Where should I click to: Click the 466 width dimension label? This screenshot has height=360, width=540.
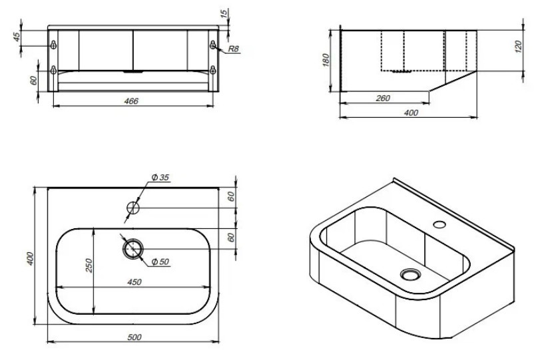coord(131,101)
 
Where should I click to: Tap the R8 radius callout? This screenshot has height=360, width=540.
coord(234,49)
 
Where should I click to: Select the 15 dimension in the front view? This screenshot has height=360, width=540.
coord(224,14)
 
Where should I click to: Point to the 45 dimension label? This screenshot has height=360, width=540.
coord(17,37)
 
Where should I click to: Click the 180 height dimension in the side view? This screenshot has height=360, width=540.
coord(326,60)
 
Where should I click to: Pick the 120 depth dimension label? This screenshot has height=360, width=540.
coord(519,47)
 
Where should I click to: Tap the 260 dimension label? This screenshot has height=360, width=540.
coord(383,98)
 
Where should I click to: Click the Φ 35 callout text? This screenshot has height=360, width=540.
coord(160,178)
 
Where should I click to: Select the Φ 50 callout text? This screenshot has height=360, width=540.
coord(160,262)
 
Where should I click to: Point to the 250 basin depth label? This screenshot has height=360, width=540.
coord(89,266)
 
